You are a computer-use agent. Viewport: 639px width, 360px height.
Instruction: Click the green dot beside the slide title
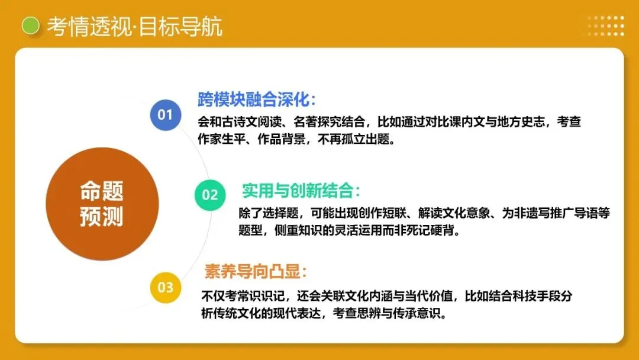(x=30, y=26)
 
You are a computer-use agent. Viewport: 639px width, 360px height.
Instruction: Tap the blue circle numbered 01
(x=165, y=114)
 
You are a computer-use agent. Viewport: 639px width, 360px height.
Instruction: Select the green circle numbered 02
(x=210, y=195)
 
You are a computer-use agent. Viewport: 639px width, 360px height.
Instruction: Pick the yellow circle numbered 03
(x=165, y=288)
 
